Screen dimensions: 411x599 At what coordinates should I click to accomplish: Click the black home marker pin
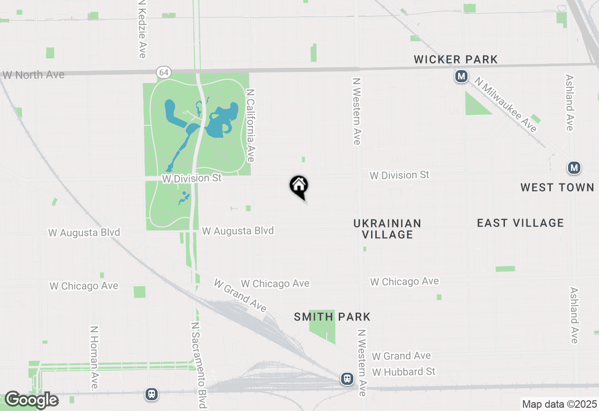(x=299, y=186)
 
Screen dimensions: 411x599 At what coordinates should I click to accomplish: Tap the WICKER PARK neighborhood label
(x=456, y=59)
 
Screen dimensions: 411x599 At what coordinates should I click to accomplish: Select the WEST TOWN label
(x=557, y=187)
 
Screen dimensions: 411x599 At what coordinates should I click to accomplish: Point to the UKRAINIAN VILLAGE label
(x=387, y=229)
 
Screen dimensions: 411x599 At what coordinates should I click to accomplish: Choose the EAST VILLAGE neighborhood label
(x=520, y=223)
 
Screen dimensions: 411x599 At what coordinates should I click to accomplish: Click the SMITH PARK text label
(x=332, y=317)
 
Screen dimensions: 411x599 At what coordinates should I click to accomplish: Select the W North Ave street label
(x=34, y=75)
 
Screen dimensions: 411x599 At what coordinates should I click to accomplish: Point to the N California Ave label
(x=250, y=126)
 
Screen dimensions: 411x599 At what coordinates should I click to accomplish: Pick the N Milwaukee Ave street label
(x=505, y=105)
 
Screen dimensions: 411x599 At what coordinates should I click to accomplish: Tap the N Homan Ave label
(x=95, y=358)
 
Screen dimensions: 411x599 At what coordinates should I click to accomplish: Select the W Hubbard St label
(x=404, y=372)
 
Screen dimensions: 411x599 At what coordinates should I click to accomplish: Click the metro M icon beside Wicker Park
(x=461, y=76)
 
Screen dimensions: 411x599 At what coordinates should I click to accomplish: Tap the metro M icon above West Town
(x=574, y=168)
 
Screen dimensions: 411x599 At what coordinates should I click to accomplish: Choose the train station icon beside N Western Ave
(x=347, y=379)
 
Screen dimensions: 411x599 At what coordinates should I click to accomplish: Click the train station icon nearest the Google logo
(x=151, y=394)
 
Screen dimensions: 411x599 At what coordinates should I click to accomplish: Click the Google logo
(x=31, y=400)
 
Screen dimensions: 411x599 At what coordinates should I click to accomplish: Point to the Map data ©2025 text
(x=560, y=404)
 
